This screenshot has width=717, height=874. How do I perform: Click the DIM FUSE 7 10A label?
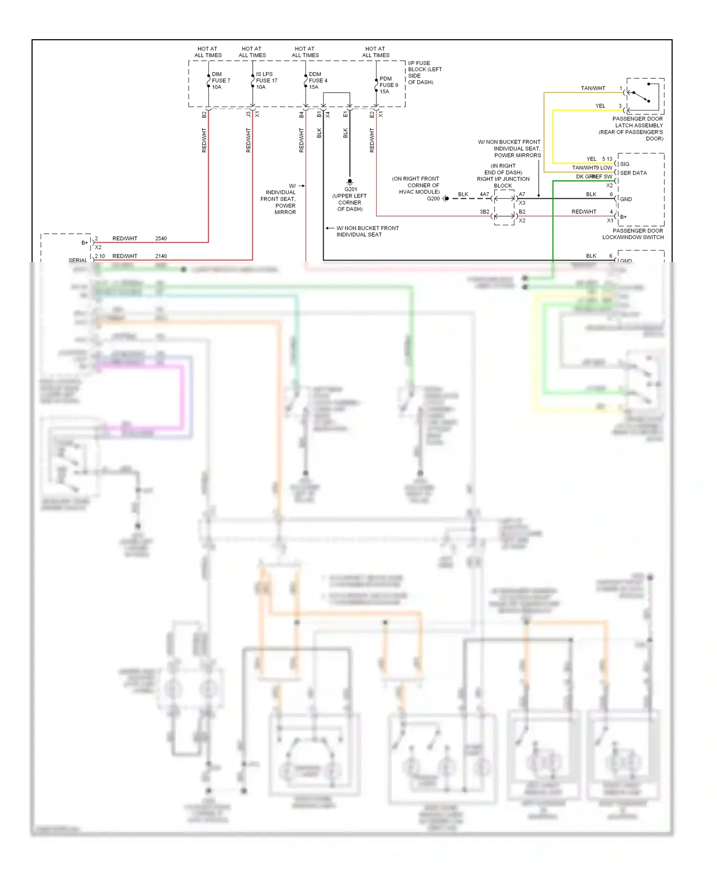click(220, 80)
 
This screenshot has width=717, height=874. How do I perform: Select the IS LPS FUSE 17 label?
click(266, 80)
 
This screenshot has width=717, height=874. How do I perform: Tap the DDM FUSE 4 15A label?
click(317, 80)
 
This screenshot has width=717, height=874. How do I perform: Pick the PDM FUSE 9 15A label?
click(388, 85)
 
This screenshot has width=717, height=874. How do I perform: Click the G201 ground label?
click(350, 189)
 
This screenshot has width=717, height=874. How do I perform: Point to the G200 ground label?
click(433, 198)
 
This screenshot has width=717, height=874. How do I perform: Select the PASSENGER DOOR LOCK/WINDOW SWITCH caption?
click(633, 234)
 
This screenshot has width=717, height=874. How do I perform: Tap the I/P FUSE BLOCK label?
click(424, 72)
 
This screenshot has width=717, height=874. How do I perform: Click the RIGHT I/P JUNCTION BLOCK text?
click(503, 182)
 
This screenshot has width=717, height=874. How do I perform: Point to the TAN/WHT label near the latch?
click(593, 88)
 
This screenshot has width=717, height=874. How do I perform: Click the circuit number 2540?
click(161, 238)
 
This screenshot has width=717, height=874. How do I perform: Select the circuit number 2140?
click(161, 256)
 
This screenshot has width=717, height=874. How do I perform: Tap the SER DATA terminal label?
click(633, 173)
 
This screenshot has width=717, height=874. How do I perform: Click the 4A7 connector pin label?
click(484, 194)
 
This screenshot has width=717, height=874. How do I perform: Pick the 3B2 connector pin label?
click(484, 211)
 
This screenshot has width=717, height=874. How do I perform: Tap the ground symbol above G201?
click(349, 182)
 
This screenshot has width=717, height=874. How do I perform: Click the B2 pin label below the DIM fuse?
click(204, 115)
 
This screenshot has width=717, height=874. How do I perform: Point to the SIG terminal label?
click(624, 164)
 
